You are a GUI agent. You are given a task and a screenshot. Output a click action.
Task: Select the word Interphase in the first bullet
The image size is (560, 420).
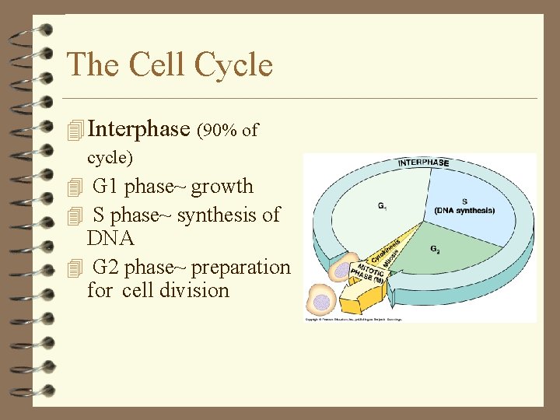coord(140,129)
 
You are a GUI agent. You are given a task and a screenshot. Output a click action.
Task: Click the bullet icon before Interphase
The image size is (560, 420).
coord(75,131)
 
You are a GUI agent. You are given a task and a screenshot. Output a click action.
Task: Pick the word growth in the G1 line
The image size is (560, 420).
coord(222,187)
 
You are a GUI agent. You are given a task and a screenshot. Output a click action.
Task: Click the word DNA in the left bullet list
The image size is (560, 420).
coord(110,238)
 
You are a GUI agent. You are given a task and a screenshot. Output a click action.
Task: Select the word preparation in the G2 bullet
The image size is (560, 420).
coord(240,267)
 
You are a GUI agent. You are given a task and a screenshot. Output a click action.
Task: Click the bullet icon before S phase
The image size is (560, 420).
coord(75,216)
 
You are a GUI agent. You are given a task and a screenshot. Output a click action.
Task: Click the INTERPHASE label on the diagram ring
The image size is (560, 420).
coord(423,163)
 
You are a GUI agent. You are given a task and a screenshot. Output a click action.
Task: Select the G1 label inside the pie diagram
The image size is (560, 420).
coord(383,206)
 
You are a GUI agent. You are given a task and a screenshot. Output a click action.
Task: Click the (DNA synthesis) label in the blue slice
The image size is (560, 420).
coord(464,211)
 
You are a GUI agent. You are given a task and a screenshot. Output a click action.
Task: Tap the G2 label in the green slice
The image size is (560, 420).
coord(436,250)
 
